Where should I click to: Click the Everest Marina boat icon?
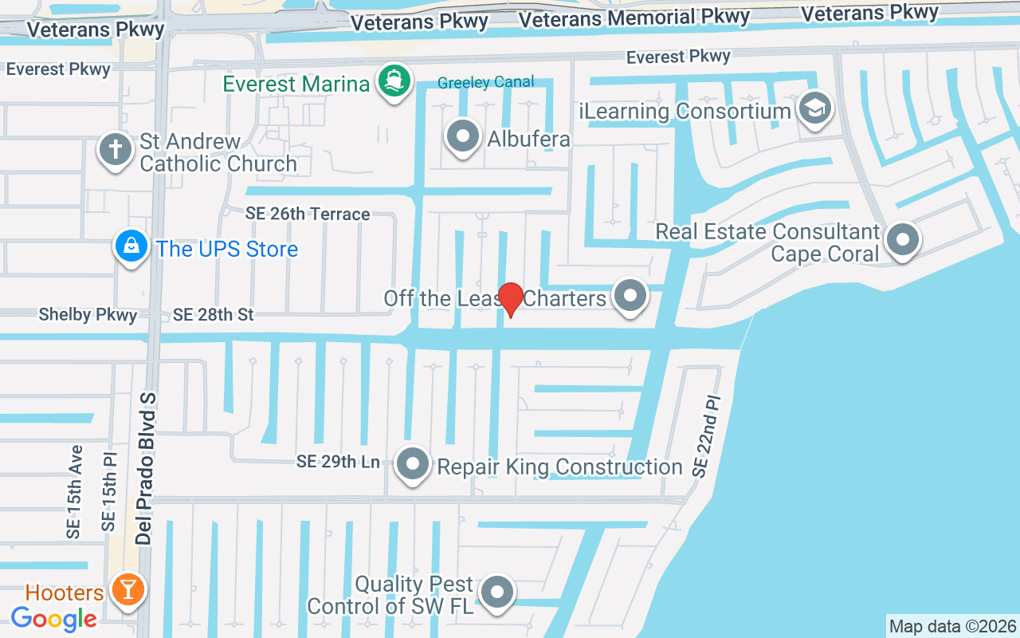[x=394, y=81]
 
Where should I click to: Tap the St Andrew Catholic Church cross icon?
[x=115, y=149]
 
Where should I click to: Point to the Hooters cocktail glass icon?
[x=127, y=590]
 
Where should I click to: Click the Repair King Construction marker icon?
[x=413, y=464]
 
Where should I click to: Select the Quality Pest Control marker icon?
[x=499, y=593]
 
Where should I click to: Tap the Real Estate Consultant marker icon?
[x=903, y=238]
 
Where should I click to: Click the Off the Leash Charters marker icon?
[x=631, y=296]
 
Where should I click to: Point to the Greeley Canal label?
[x=485, y=82]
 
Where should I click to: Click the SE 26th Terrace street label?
[x=308, y=214]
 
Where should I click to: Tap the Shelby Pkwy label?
[x=88, y=315]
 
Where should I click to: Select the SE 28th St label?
[x=213, y=315]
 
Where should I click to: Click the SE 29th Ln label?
[x=338, y=461]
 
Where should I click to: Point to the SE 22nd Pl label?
[x=707, y=435]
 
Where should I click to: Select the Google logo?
[x=54, y=618]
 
